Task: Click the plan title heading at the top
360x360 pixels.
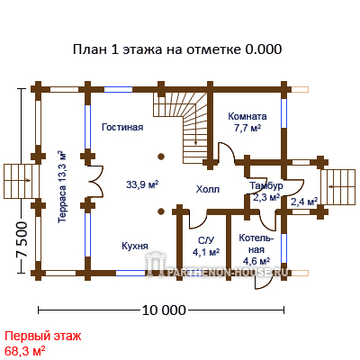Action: (x=177, y=49)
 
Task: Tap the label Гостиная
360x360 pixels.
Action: (x=122, y=127)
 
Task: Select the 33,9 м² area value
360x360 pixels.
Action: (x=142, y=184)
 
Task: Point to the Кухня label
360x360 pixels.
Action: (x=135, y=246)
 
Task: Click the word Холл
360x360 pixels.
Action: (x=208, y=189)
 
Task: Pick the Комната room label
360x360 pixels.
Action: (x=247, y=116)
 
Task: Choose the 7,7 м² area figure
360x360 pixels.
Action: (x=247, y=128)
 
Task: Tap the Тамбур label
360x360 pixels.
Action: (x=266, y=186)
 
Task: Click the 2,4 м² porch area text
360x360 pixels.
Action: (x=304, y=201)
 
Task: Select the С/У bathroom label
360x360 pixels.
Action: (x=206, y=240)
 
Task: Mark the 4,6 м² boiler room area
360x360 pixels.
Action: (x=256, y=261)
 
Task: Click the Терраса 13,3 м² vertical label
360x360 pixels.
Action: (x=62, y=186)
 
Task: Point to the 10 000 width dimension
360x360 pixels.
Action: (x=164, y=310)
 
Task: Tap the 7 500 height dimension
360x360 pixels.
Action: (x=22, y=240)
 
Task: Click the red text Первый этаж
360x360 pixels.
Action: (x=43, y=336)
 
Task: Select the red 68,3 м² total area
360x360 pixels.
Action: (x=25, y=350)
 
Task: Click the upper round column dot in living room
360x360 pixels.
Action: (x=161, y=157)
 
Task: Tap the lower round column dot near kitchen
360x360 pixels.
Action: (x=161, y=211)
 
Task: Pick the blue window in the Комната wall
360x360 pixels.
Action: (x=283, y=113)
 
